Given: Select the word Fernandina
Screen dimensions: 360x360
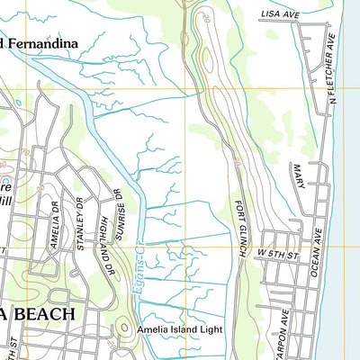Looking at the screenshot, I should click(44, 42).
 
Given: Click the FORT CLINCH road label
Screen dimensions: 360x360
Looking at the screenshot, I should click(240, 230).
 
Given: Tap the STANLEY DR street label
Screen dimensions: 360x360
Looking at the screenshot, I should click(77, 226).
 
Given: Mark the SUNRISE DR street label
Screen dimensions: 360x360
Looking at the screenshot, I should click(117, 208).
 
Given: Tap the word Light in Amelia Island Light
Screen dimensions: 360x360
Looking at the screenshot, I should click(208, 329).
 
